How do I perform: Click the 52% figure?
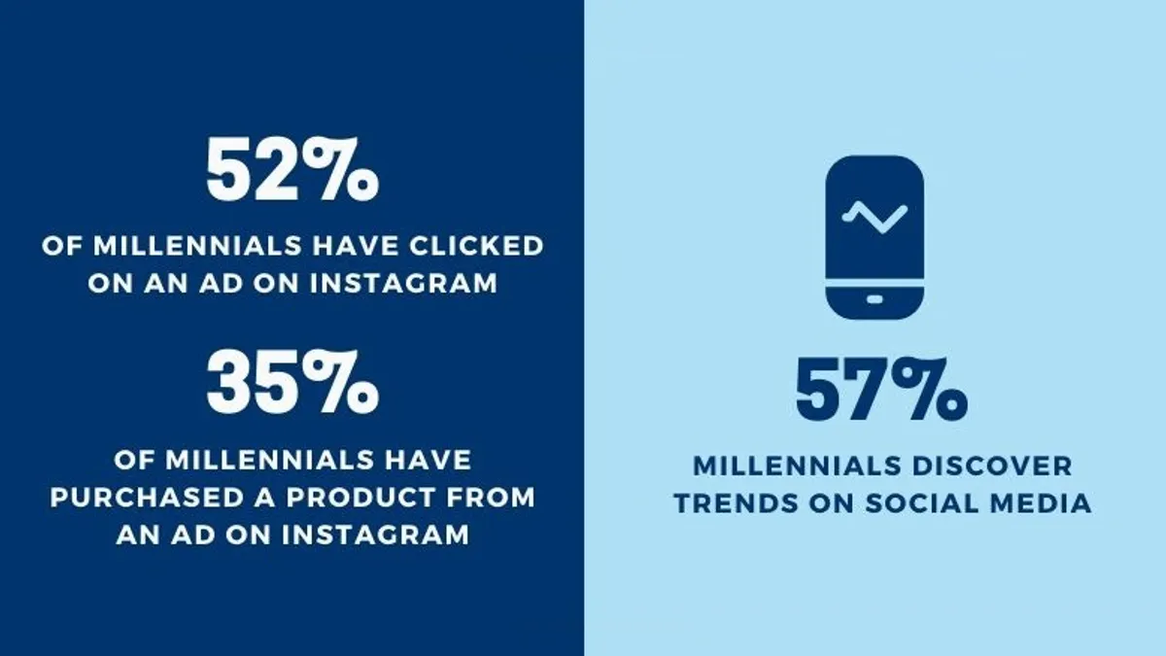pos(292,170)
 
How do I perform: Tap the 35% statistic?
pos(292,382)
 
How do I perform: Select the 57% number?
pos(882,390)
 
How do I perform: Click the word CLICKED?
pos(476,246)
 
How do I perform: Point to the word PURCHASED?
pos(148,498)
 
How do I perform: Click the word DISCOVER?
pos(992,466)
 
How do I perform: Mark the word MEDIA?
pos(1041,503)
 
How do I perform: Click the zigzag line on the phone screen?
pos(874,217)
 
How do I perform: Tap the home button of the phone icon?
pos(874,299)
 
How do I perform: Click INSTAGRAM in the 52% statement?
pos(404,284)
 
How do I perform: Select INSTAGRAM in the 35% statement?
pos(376,535)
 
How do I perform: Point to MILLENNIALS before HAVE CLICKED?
pos(197,246)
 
